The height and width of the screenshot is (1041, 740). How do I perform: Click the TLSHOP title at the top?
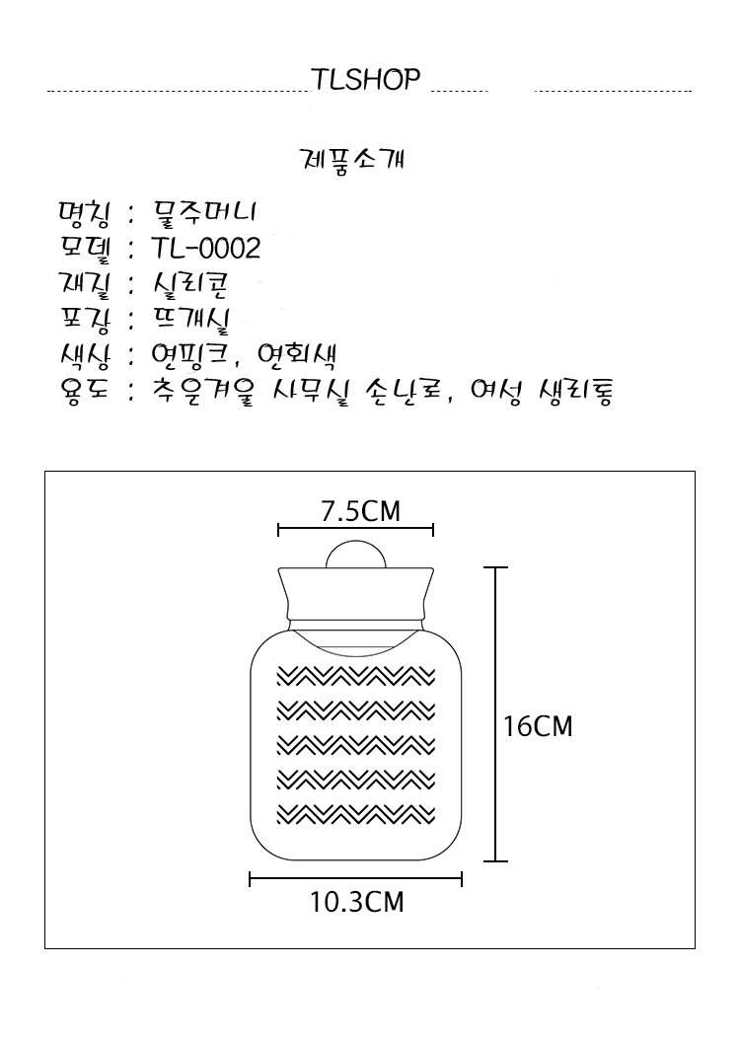[366, 79]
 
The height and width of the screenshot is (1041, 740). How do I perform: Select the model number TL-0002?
[206, 249]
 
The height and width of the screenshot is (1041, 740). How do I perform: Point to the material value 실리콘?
[190, 285]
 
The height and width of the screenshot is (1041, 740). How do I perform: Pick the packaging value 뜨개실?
[190, 321]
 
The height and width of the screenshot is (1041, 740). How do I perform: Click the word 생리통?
[575, 393]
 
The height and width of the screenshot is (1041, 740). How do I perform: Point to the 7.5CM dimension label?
[361, 511]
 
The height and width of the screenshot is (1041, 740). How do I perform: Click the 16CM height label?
[538, 726]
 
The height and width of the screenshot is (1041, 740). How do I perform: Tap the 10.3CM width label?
[357, 902]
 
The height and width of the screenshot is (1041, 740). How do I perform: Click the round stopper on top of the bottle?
[356, 555]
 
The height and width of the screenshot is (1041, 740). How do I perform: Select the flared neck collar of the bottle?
[356, 594]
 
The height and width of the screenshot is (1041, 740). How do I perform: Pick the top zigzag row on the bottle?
[356, 677]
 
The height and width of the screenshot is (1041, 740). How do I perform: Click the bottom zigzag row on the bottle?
[356, 814]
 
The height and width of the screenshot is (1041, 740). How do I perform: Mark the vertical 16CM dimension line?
[495, 714]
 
